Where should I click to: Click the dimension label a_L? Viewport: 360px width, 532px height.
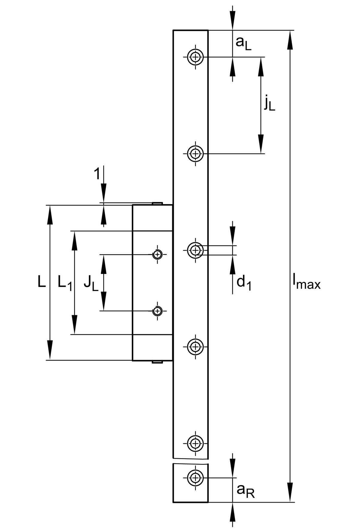click(x=243, y=43)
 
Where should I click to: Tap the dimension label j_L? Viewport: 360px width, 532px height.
click(x=269, y=103)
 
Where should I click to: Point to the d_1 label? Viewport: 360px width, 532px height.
click(x=244, y=283)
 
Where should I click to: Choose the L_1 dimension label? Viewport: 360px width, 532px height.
click(x=65, y=283)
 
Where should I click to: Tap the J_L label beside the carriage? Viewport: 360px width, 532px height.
click(x=91, y=283)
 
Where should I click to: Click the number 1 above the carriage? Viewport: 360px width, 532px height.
click(x=97, y=174)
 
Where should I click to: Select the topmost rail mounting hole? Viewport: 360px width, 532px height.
click(x=195, y=57)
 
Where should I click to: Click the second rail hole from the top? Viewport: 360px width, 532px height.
click(x=195, y=154)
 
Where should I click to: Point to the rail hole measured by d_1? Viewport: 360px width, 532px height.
click(x=195, y=250)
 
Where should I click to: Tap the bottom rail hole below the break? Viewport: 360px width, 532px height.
click(x=195, y=477)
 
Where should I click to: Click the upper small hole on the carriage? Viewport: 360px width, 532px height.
click(x=157, y=254)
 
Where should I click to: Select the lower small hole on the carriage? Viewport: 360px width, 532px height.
click(x=157, y=311)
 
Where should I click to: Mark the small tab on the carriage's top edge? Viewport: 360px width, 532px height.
click(x=157, y=203)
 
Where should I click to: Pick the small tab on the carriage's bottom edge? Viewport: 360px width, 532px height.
click(x=157, y=362)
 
